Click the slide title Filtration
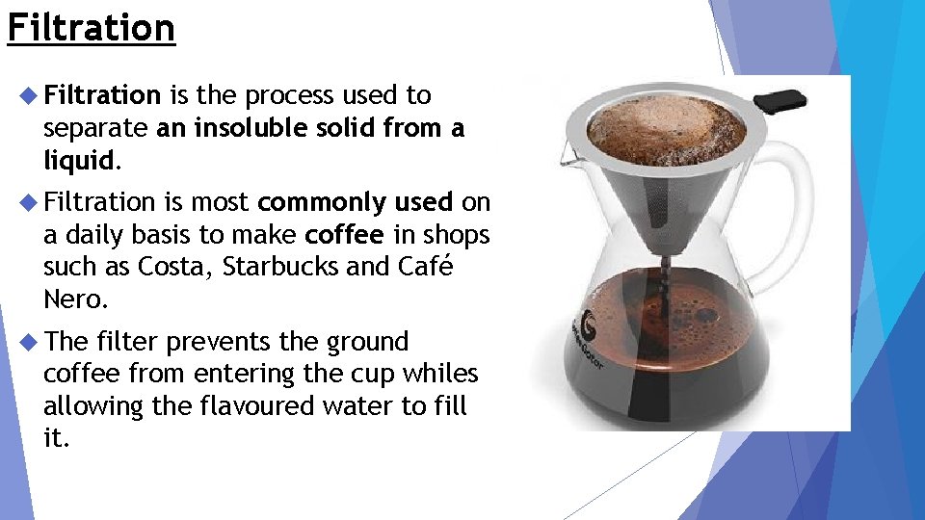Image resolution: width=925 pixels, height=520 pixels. click(91, 27)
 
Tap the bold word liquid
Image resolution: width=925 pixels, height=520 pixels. click(78, 159)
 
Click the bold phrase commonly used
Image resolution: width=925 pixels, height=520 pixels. click(356, 202)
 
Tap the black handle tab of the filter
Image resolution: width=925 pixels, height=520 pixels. click(780, 100)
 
